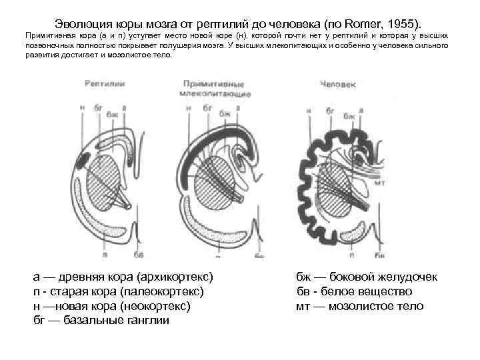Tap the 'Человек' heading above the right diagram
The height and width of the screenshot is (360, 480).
pyautogui.click(x=338, y=85)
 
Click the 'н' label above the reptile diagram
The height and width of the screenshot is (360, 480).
pyautogui.click(x=81, y=107)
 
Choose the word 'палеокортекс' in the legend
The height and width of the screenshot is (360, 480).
pyautogui.click(x=166, y=291)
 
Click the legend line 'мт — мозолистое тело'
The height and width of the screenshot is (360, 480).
pyautogui.click(x=359, y=306)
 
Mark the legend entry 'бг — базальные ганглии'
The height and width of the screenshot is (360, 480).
pyautogui.click(x=101, y=321)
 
